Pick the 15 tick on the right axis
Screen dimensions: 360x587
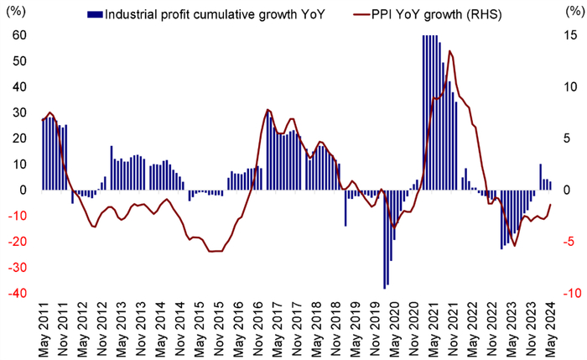pos(569,35)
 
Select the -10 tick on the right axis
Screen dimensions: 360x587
pos(571,294)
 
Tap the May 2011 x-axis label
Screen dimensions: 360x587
pos(44,331)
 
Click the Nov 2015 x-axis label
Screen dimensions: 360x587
pos(219,331)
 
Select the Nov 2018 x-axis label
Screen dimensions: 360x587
pos(336,331)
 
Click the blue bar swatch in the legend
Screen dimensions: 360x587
pos(94,14)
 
